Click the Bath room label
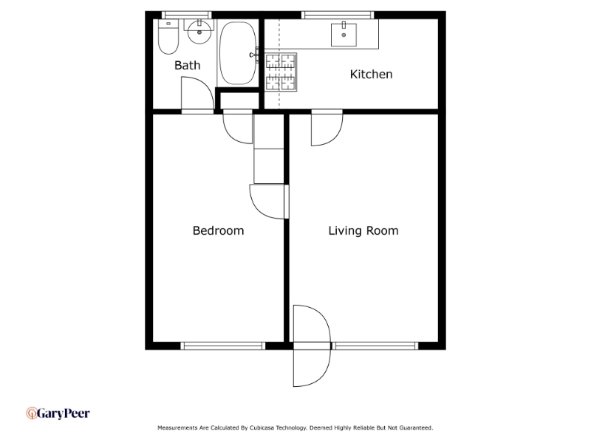click(188, 66)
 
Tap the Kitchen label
click(372, 75)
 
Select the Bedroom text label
click(218, 230)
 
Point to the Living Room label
click(363, 230)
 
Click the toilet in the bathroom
click(168, 36)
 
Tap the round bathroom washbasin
click(199, 32)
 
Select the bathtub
click(238, 52)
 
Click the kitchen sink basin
click(344, 35)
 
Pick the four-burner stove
click(281, 72)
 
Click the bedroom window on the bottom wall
click(223, 346)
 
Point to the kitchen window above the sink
click(338, 15)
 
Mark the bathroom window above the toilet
click(187, 15)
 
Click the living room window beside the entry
click(375, 346)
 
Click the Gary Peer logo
click(58, 413)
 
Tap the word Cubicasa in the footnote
click(262, 428)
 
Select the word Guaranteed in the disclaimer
click(416, 428)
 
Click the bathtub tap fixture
click(254, 55)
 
